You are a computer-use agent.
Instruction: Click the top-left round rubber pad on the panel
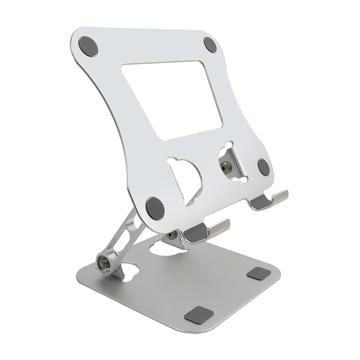pyautogui.click(x=89, y=46)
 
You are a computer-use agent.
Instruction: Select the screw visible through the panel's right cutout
pyautogui.click(x=226, y=166)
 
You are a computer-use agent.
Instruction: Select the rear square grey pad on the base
pyautogui.click(x=259, y=273)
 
